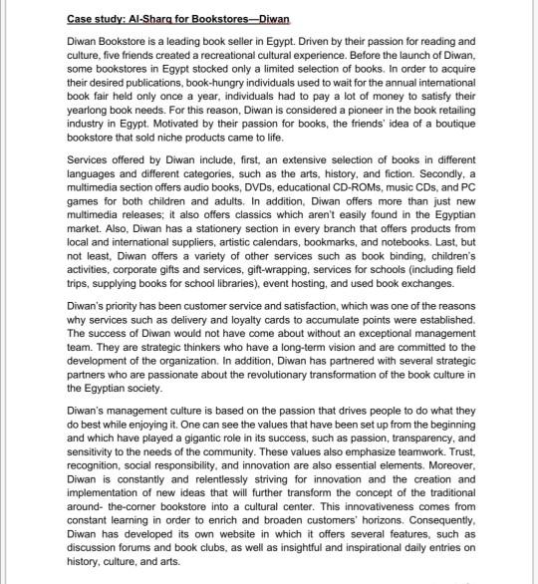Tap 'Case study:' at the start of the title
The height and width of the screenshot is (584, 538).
pos(96,19)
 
